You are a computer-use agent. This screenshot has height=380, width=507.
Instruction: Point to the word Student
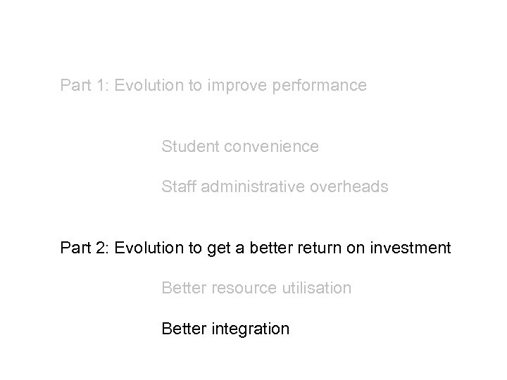[187, 146]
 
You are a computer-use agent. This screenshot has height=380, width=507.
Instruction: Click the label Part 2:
[84, 248]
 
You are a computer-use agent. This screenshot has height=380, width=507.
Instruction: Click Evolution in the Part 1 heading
[147, 86]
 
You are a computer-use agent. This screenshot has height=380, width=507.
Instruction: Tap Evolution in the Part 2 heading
[147, 248]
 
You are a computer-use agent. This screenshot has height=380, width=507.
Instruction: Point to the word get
[215, 248]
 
